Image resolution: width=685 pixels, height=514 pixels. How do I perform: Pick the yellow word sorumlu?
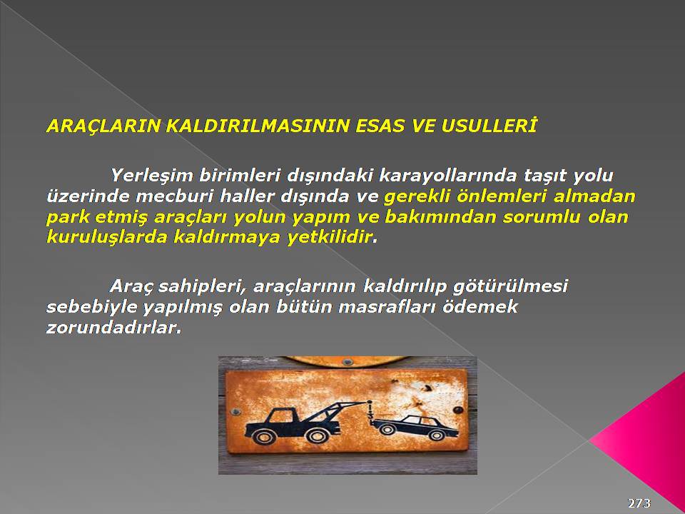pos(542,217)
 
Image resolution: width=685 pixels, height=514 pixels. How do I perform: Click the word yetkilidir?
pos(330,238)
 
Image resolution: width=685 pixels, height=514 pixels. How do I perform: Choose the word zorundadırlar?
pos(113,328)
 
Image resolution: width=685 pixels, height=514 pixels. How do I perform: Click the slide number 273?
pos(640,503)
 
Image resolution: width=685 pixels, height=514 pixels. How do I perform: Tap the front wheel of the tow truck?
pos(265,435)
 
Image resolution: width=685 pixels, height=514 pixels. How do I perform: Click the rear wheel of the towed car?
pos(437,435)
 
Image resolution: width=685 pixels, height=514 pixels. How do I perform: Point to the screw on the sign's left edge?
pos(236,412)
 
